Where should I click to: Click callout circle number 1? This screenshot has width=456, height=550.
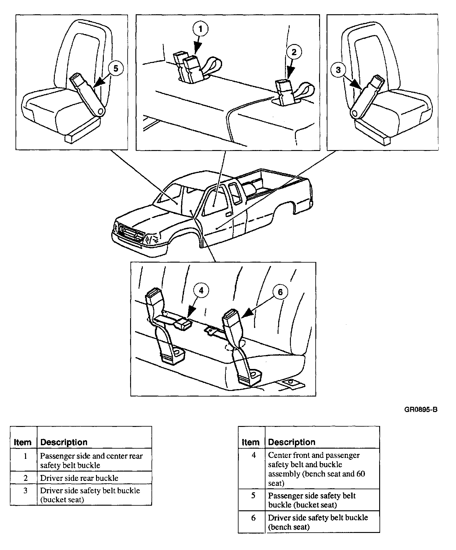[x=200, y=29]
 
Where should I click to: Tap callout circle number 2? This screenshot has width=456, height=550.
[x=294, y=52]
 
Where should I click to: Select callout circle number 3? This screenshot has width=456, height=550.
[x=338, y=70]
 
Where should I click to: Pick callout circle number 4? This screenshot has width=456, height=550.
[x=201, y=291]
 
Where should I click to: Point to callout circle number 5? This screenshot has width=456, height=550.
[x=116, y=68]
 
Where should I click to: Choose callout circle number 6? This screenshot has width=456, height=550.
[x=280, y=292]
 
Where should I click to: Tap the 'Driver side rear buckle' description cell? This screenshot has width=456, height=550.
[x=79, y=478]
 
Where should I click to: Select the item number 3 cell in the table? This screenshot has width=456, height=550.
[x=25, y=491]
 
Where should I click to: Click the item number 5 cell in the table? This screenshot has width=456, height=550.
[x=253, y=496]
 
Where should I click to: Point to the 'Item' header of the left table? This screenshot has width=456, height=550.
[x=23, y=442]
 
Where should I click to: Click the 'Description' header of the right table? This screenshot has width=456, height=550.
[x=292, y=442]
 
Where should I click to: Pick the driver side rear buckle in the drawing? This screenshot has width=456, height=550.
[x=284, y=91]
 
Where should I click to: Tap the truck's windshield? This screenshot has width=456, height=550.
[x=169, y=195]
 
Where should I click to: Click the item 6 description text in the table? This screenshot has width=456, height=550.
[x=318, y=522]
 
